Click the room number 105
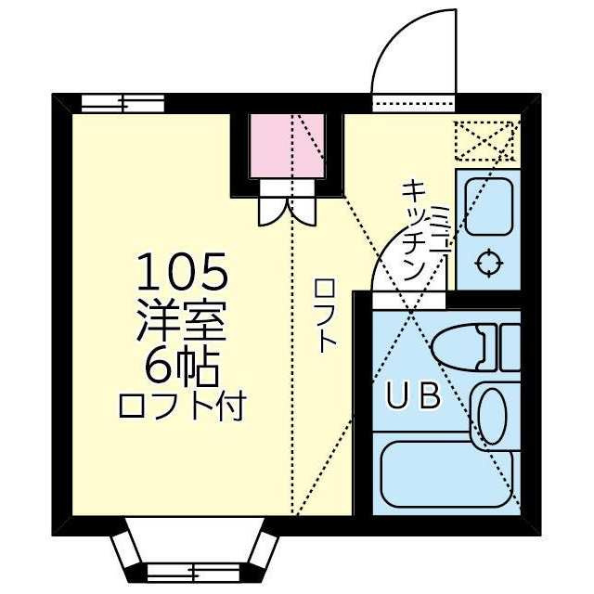click(182, 271)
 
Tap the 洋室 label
click(182, 320)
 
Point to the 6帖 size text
click(182, 368)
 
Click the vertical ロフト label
click(324, 316)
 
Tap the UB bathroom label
click(414, 395)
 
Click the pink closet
click(288, 146)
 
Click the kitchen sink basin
click(489, 206)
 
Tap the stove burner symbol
click(489, 263)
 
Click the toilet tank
click(510, 347)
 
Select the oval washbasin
click(493, 416)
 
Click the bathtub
click(447, 474)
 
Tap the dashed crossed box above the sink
click(486, 141)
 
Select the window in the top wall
click(123, 103)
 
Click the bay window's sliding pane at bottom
click(193, 572)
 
